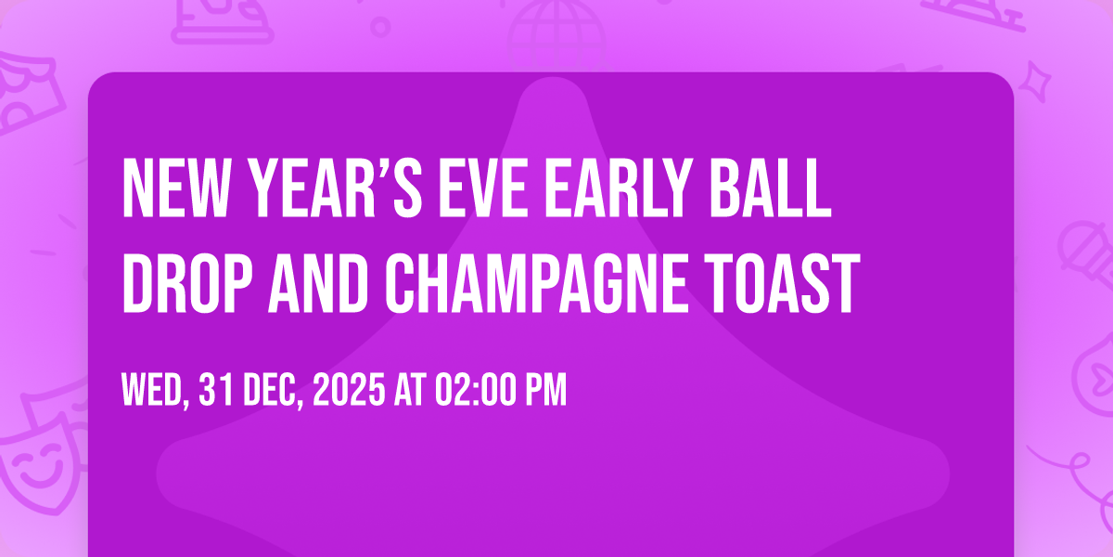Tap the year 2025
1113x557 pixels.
(x=348, y=390)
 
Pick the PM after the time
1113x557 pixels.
(x=544, y=390)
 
